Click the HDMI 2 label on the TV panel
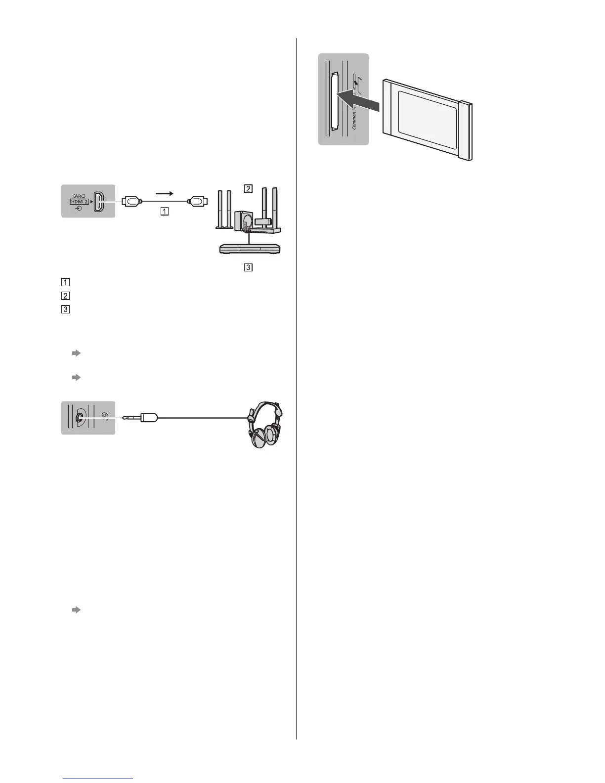(79, 202)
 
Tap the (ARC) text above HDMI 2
(79, 195)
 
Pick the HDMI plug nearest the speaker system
(197, 201)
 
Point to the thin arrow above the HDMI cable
(164, 193)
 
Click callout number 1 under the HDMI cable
(164, 211)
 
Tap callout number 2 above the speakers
(248, 188)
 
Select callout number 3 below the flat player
(248, 267)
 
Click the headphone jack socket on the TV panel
(79, 417)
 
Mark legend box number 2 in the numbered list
(65, 296)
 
